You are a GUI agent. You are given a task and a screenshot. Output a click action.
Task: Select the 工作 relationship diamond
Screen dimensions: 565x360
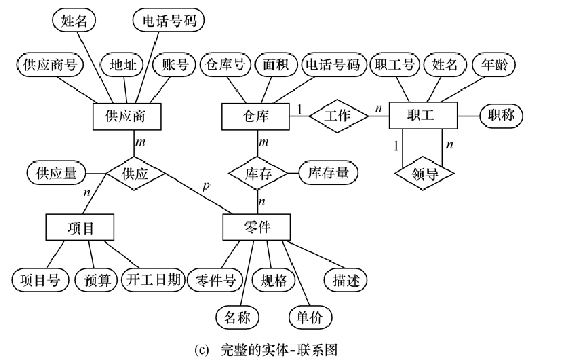pyautogui.click(x=339, y=116)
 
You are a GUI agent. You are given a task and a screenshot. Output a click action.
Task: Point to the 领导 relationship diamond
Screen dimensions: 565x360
pyautogui.click(x=424, y=174)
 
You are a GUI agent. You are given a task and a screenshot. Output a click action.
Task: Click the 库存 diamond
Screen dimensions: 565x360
pyautogui.click(x=258, y=174)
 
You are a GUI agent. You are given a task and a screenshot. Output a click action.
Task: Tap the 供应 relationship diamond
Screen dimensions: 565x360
pyautogui.click(x=135, y=174)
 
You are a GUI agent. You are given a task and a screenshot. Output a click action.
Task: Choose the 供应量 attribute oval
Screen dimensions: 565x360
pyautogui.click(x=56, y=173)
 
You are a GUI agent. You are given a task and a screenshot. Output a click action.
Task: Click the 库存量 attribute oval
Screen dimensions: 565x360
pyautogui.click(x=328, y=173)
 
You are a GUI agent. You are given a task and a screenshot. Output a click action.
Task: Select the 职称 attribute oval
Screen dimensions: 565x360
pyautogui.click(x=501, y=115)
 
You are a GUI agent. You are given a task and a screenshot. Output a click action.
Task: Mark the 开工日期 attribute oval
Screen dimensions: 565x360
pyautogui.click(x=153, y=280)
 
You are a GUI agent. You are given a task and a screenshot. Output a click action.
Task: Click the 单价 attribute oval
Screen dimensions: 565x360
pyautogui.click(x=310, y=318)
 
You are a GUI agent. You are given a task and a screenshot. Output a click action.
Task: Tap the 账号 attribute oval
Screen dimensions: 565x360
pyautogui.click(x=174, y=65)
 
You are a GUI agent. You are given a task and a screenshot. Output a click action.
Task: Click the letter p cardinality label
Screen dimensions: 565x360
pyautogui.click(x=206, y=186)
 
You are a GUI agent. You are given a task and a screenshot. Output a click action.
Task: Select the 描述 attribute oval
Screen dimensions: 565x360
pyautogui.click(x=345, y=280)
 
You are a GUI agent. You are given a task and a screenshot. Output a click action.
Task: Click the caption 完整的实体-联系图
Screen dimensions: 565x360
pyautogui.click(x=279, y=350)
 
